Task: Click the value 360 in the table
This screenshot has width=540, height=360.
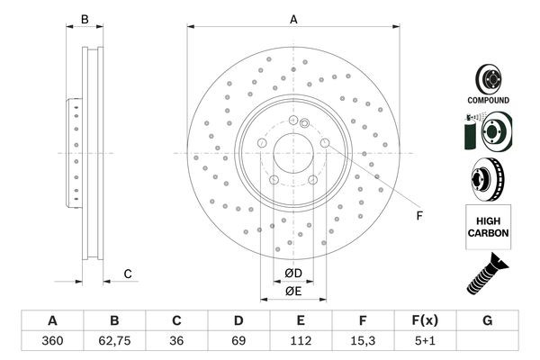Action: (x=52, y=341)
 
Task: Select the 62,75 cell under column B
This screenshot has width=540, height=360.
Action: (x=114, y=341)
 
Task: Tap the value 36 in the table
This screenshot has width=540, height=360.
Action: (x=176, y=341)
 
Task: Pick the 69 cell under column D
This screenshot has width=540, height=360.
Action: (x=238, y=341)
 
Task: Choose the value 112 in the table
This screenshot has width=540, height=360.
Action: (x=301, y=341)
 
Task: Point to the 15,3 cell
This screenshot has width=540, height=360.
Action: (x=363, y=341)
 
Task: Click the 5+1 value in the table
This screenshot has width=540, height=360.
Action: (x=425, y=341)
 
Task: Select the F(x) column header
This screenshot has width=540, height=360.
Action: (x=425, y=320)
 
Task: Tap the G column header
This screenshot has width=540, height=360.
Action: (x=487, y=320)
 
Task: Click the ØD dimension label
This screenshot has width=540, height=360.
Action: (x=293, y=274)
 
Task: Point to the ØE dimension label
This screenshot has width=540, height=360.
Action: (x=293, y=292)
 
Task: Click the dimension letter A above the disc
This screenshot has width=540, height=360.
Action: (x=293, y=19)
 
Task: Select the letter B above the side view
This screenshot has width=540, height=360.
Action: (x=85, y=19)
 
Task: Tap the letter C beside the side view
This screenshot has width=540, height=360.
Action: (x=128, y=274)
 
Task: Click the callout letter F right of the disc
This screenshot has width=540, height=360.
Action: (x=419, y=216)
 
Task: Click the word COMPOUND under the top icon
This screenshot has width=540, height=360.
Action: (x=489, y=100)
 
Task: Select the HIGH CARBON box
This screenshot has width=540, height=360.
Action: (x=489, y=227)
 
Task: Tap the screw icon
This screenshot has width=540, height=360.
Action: (x=487, y=274)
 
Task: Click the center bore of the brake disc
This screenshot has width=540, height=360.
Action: (x=293, y=153)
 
